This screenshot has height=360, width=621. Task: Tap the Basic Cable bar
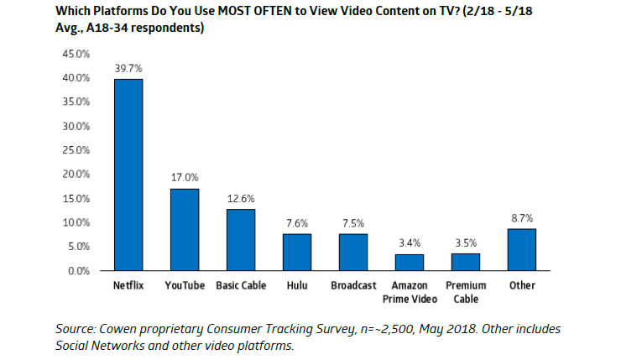(241, 240)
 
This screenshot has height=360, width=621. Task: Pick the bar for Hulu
(297, 252)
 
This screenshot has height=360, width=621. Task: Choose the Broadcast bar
(353, 252)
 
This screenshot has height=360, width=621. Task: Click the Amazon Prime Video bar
(410, 262)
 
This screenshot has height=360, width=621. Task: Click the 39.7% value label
(128, 68)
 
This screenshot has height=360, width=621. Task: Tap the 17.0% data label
(185, 177)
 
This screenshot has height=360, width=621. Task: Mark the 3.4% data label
(410, 243)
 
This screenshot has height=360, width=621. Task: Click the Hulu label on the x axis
(297, 285)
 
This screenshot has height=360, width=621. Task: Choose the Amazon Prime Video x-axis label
(410, 291)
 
